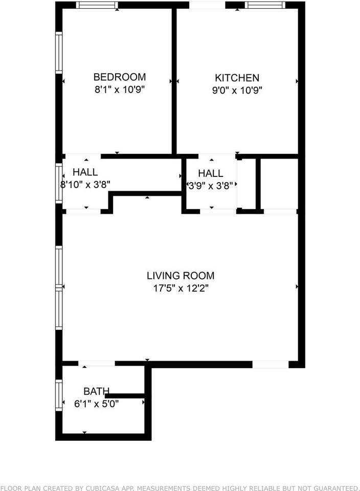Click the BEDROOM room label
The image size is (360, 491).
[x=120, y=77]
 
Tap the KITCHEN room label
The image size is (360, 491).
[x=237, y=78]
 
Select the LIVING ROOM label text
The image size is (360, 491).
[x=181, y=276]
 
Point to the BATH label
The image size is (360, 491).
[x=96, y=391]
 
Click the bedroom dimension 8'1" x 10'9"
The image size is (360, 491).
[x=120, y=90]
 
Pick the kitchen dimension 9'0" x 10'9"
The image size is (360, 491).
[x=237, y=91]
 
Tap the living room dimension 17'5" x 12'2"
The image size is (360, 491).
[x=181, y=288]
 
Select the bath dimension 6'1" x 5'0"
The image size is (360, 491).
[x=97, y=404]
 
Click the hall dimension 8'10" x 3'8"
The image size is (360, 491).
[x=85, y=185]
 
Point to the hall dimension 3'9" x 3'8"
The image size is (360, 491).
[x=211, y=186]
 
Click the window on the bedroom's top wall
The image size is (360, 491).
[x=97, y=5]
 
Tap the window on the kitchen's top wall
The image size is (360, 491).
[x=265, y=5]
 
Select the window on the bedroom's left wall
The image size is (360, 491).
[x=59, y=53]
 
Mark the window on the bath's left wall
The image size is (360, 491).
[x=59, y=395]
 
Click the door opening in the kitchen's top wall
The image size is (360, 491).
[x=207, y=5]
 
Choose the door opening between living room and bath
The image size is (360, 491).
[x=97, y=364]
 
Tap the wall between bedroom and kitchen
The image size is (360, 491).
[x=174, y=81]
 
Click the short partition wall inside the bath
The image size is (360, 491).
[x=125, y=396]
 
